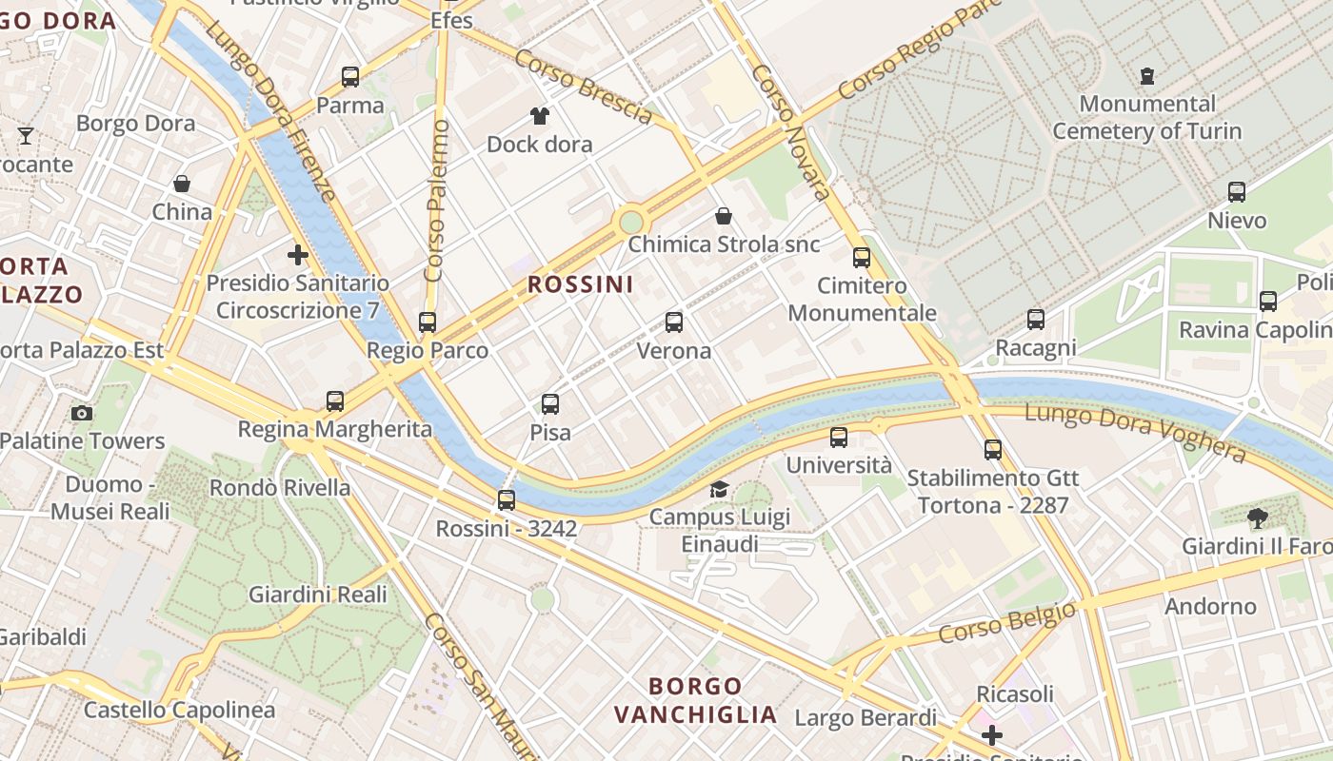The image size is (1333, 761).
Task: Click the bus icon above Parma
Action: (x=350, y=77)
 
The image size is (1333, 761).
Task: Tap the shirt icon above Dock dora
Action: (x=540, y=117)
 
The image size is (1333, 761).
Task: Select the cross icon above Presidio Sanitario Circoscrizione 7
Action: (x=298, y=255)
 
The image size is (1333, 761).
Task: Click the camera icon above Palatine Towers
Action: (x=82, y=413)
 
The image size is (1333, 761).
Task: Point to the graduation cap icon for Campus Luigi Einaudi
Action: (x=720, y=489)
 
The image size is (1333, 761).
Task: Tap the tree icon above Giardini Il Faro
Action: (x=1257, y=518)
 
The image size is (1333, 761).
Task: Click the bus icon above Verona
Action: (x=674, y=322)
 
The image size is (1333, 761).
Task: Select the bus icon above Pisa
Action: (x=550, y=404)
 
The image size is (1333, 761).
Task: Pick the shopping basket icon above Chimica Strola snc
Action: (x=724, y=216)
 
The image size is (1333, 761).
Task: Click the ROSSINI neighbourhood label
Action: (x=581, y=284)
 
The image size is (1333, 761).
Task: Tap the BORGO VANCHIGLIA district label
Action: (x=695, y=700)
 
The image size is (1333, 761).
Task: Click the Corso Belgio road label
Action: (x=1007, y=621)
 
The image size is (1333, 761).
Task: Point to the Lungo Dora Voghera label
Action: (x=1135, y=431)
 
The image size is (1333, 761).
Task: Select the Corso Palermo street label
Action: (x=437, y=201)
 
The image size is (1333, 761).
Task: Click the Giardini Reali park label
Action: (x=318, y=595)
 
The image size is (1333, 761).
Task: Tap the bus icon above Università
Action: (x=839, y=438)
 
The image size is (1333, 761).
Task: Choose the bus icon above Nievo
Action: (x=1237, y=192)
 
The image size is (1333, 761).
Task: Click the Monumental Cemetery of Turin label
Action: (x=1147, y=117)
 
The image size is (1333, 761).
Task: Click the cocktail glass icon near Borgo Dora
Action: (x=26, y=136)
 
